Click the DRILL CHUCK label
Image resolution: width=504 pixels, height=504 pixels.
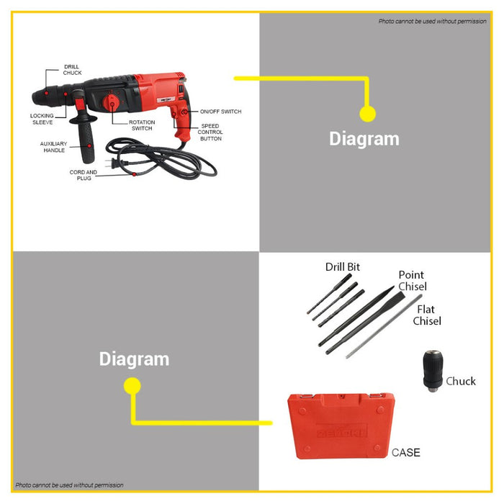coord(72,70)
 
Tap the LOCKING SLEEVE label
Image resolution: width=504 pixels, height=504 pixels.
coord(42,119)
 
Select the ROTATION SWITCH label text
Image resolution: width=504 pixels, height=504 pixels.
coord(142,125)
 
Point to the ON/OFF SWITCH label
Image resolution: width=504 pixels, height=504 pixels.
coord(220,112)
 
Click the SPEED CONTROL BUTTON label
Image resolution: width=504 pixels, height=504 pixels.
coord(210,132)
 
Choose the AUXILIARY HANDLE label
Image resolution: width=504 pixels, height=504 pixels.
coord(54,147)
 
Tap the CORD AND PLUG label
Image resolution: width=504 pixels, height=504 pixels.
coord(84,175)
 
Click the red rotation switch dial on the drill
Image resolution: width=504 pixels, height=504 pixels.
coord(111,103)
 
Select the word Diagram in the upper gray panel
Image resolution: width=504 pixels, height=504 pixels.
coord(364,139)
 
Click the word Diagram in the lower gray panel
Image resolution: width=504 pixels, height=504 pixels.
coord(134,359)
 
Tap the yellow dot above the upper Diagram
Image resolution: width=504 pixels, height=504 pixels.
coord(368,114)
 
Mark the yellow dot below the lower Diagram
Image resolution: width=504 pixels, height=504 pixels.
coord(132,386)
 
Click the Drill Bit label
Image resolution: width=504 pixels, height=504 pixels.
coord(343,267)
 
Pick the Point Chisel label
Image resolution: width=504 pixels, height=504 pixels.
coord(413,281)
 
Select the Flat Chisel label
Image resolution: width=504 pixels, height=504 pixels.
coord(427,315)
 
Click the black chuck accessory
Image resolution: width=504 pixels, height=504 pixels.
coord(433,371)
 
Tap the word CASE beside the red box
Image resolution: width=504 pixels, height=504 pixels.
coord(405,453)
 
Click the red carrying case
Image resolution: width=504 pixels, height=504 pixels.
coord(341,426)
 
